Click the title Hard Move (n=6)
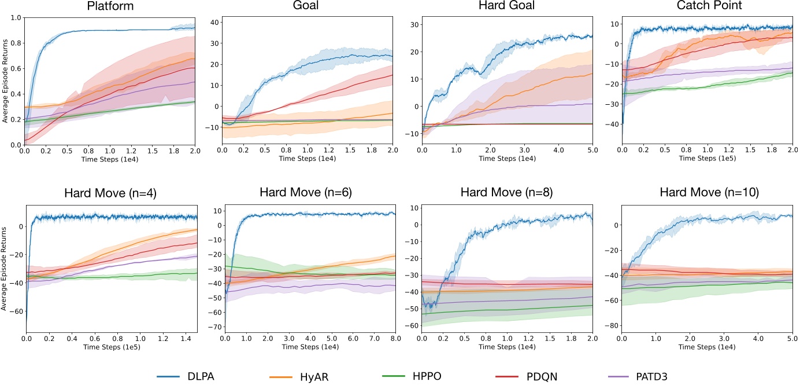tap(308, 192)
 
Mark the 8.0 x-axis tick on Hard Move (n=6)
tap(394, 338)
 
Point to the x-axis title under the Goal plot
tap(308, 157)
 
